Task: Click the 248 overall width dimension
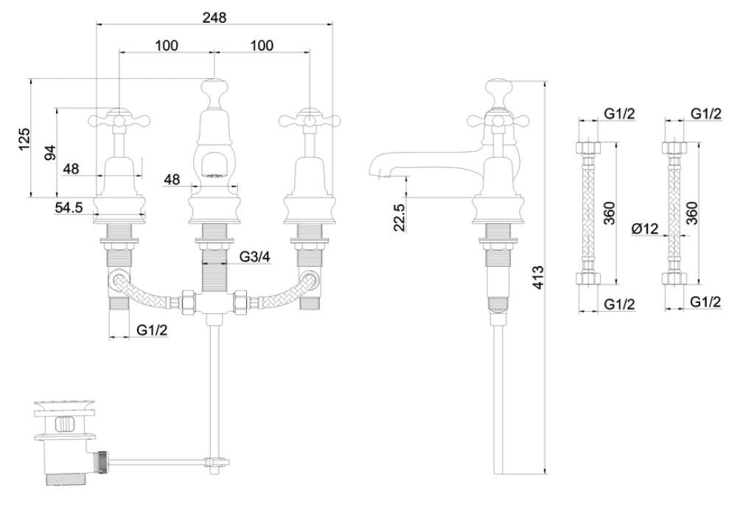click(x=214, y=16)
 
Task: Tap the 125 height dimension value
click(x=24, y=137)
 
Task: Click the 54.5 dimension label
click(x=69, y=208)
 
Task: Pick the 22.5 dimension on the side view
click(x=399, y=218)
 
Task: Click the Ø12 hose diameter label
click(x=644, y=229)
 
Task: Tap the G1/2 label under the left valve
click(x=152, y=331)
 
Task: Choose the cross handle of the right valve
click(x=307, y=117)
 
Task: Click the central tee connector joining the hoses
click(x=214, y=304)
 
